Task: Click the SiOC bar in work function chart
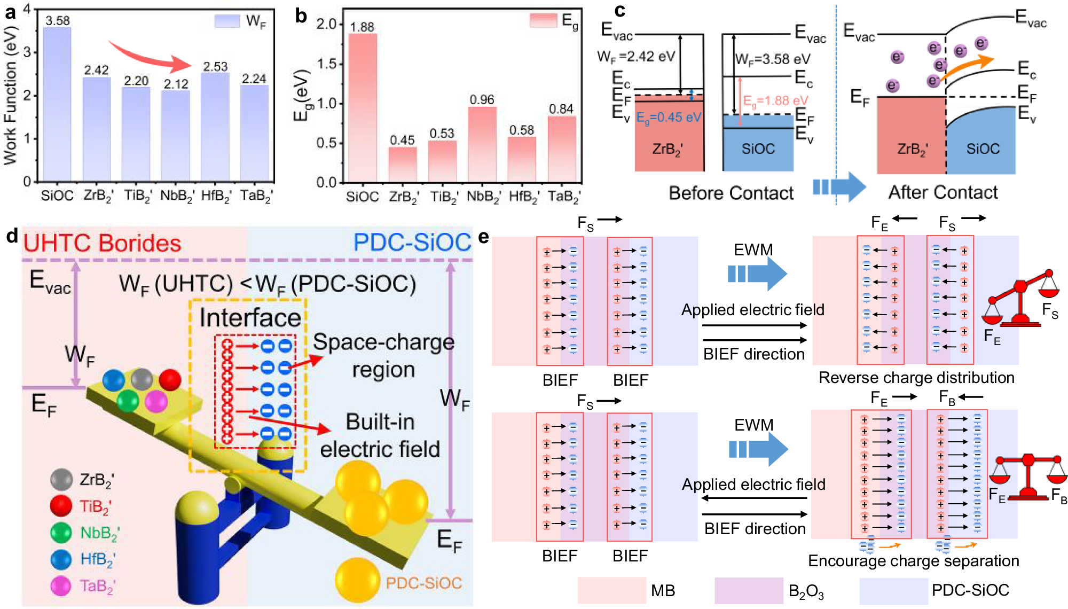click(57, 104)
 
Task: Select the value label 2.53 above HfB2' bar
click(215, 67)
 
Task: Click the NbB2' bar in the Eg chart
click(482, 144)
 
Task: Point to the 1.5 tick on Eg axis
click(326, 64)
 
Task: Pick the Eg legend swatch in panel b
click(543, 20)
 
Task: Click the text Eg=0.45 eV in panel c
click(669, 118)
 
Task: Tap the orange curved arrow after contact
click(967, 67)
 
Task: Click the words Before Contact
click(731, 193)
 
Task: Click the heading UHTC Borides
click(102, 244)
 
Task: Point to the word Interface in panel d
click(250, 318)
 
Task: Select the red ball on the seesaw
click(170, 380)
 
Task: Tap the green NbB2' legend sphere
click(61, 533)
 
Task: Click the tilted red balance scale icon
click(1020, 299)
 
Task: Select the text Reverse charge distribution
click(916, 378)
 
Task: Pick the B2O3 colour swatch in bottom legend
click(749, 590)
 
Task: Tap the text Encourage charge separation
click(913, 560)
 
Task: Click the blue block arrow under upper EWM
click(757, 274)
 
